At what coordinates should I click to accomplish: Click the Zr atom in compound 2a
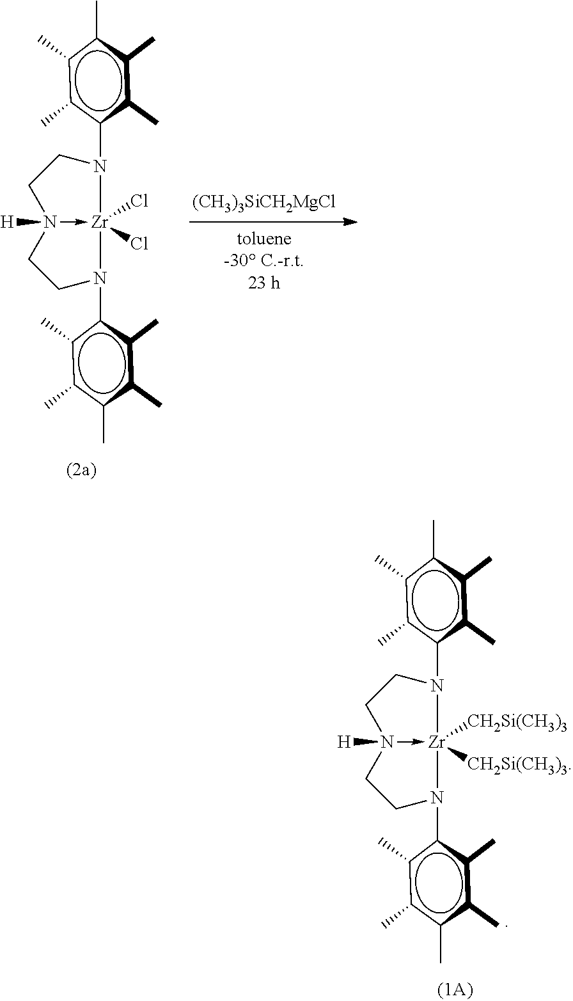point(99,222)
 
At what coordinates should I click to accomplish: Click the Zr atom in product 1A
point(437,742)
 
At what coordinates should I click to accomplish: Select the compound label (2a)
point(82,471)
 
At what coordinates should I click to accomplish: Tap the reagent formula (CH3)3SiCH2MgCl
point(273,203)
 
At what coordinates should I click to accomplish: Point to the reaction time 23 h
point(264,283)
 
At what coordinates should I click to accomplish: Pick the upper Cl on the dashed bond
point(139,202)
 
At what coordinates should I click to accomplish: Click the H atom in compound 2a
point(7,223)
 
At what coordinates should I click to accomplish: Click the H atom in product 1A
point(344,743)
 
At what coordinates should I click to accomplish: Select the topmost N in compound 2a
point(99,168)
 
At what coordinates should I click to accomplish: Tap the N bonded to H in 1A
point(386,742)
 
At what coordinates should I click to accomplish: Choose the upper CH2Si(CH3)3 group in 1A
point(517,721)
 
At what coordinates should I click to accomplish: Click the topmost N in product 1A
point(437,686)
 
